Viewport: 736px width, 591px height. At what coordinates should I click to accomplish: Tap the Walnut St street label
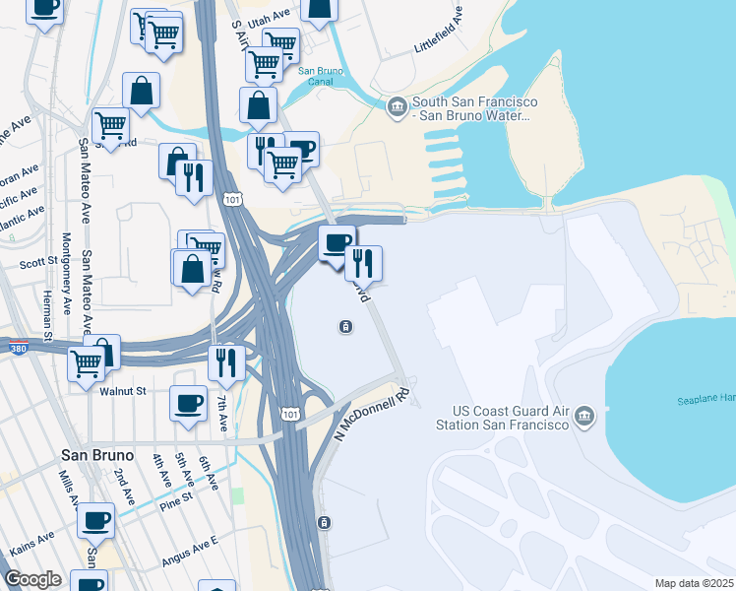coord(123,391)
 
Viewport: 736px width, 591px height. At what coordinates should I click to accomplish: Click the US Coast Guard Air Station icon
coord(584,415)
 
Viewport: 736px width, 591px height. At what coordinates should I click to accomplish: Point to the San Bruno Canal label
coord(320,76)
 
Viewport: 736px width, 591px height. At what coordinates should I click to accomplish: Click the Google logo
coord(32,578)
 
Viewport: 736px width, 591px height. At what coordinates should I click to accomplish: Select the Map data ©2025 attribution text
coord(693,583)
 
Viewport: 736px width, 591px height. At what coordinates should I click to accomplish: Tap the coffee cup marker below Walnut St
coord(188,402)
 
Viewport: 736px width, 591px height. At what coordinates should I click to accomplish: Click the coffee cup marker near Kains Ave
coord(95,518)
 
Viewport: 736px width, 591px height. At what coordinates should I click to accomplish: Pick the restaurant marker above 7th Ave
coord(226,361)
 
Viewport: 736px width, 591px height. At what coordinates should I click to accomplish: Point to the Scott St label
coord(38,263)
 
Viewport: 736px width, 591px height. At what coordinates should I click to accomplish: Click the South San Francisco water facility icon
coord(397,106)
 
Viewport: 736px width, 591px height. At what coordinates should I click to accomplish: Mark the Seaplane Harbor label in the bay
coord(705,399)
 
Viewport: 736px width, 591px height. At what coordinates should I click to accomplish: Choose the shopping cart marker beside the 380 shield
coord(87,362)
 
